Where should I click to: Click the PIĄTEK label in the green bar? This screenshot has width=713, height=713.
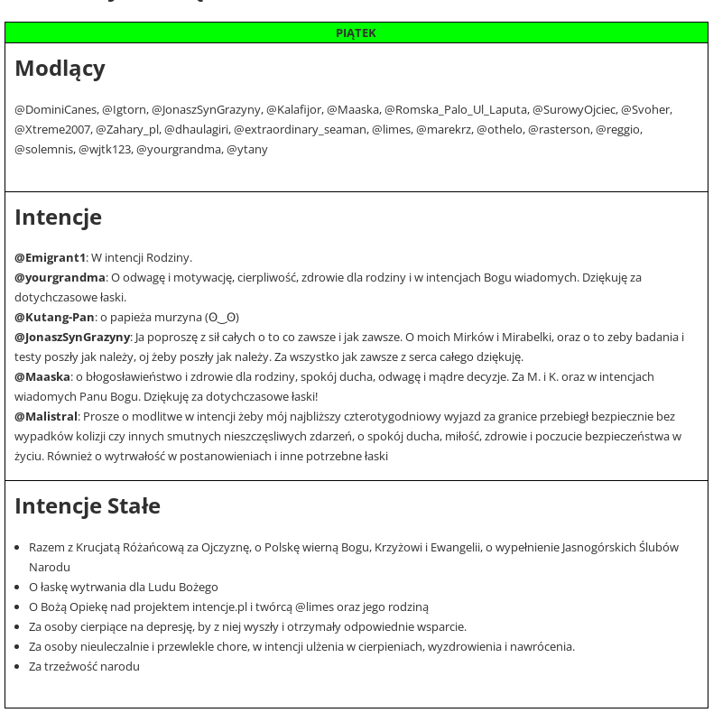[x=356, y=33]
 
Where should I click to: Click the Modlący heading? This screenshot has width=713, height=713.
[x=60, y=69]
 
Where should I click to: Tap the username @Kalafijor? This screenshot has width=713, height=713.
[x=293, y=110]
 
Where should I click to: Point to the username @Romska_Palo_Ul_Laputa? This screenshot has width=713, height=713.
[x=456, y=110]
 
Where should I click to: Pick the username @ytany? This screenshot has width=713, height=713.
[x=246, y=150]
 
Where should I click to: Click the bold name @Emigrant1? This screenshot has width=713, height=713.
[x=50, y=258]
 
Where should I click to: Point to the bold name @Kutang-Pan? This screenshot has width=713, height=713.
[x=54, y=318]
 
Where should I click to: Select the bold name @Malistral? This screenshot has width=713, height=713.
[x=46, y=417]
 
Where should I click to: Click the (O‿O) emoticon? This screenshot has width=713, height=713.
[x=222, y=318]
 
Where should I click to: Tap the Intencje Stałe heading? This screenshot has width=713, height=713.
[x=88, y=506]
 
